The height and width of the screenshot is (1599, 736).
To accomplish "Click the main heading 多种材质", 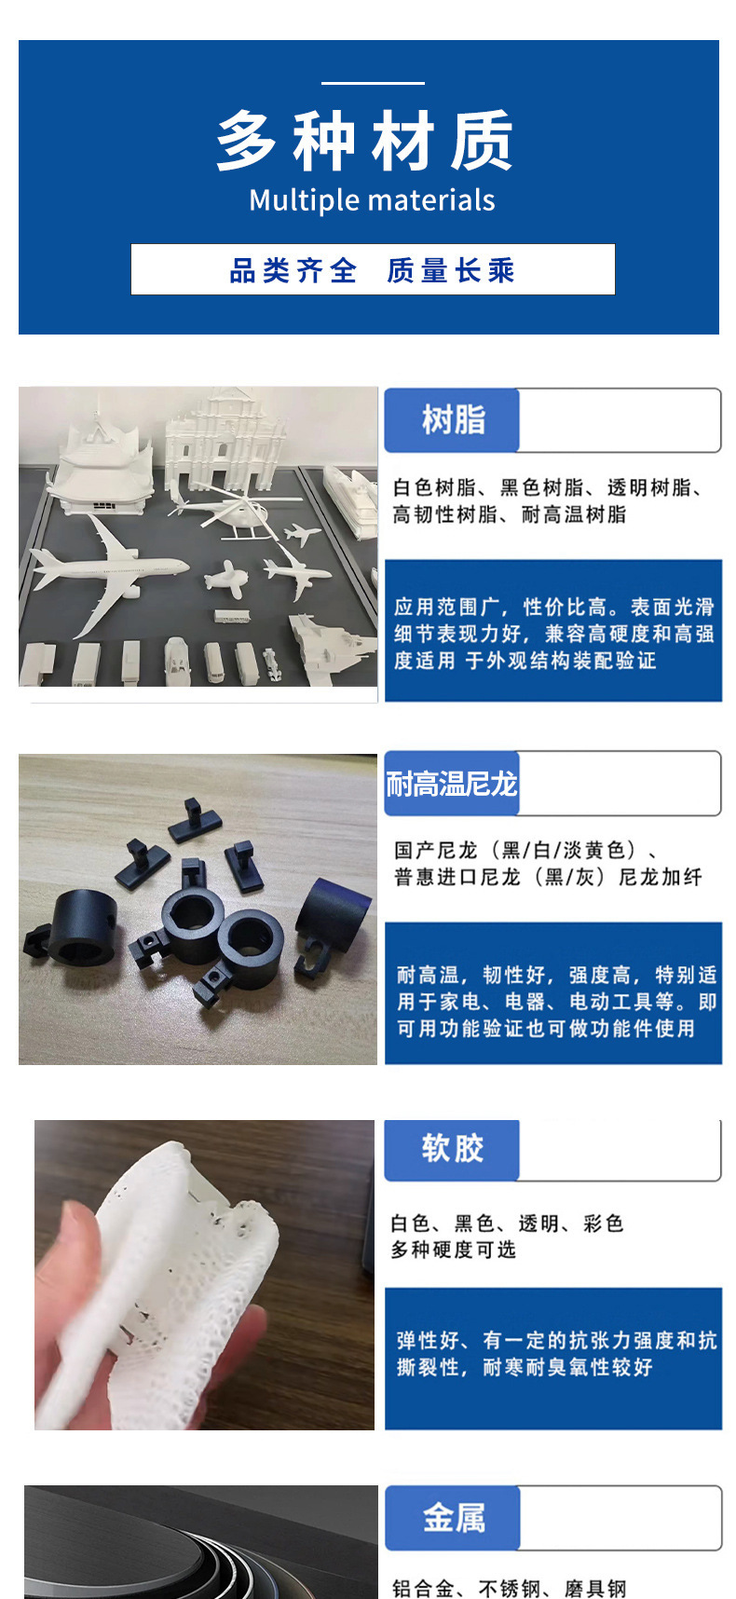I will pyautogui.click(x=365, y=141).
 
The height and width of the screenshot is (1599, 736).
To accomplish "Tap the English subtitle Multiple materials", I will pyautogui.click(x=372, y=200).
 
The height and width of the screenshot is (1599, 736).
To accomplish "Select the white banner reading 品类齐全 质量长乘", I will pyautogui.click(x=373, y=270).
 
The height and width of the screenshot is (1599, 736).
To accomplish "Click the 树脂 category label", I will pyautogui.click(x=453, y=420).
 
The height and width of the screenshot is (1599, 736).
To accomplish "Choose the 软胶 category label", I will pyautogui.click(x=453, y=1148).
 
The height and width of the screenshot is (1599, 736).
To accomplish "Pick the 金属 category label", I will pyautogui.click(x=454, y=1518).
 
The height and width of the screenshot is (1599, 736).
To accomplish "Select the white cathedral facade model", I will pyautogui.click(x=220, y=438).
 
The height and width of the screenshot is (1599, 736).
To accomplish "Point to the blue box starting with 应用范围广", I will pyautogui.click(x=553, y=631).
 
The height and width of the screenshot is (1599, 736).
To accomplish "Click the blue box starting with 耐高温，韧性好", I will pyautogui.click(x=553, y=993).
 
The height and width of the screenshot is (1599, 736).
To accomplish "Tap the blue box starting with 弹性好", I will pyautogui.click(x=553, y=1358).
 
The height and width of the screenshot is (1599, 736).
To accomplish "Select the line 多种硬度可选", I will pyautogui.click(x=453, y=1250).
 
